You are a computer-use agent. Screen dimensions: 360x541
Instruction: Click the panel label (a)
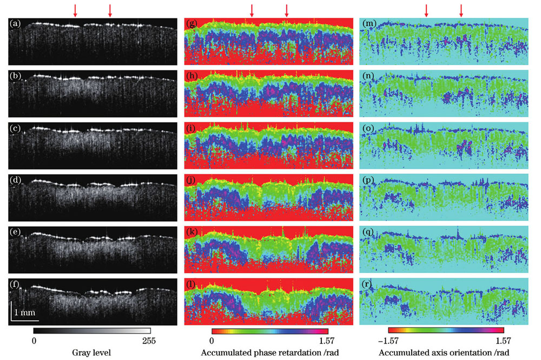[x=15, y=23]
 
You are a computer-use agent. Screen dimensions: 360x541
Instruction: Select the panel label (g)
[x=190, y=23]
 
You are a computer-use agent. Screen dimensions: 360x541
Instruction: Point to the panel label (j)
[x=190, y=180]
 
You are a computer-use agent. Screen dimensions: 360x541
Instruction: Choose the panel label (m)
[x=366, y=23]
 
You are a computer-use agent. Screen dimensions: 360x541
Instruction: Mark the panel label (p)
[x=366, y=180]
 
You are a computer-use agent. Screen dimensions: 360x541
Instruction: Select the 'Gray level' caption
[x=91, y=353]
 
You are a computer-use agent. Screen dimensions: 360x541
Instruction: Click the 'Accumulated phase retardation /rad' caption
[x=268, y=353]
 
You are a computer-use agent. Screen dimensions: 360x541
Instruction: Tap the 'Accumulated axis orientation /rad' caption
[x=445, y=353]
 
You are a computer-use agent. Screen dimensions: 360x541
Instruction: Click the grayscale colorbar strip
[x=91, y=330]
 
